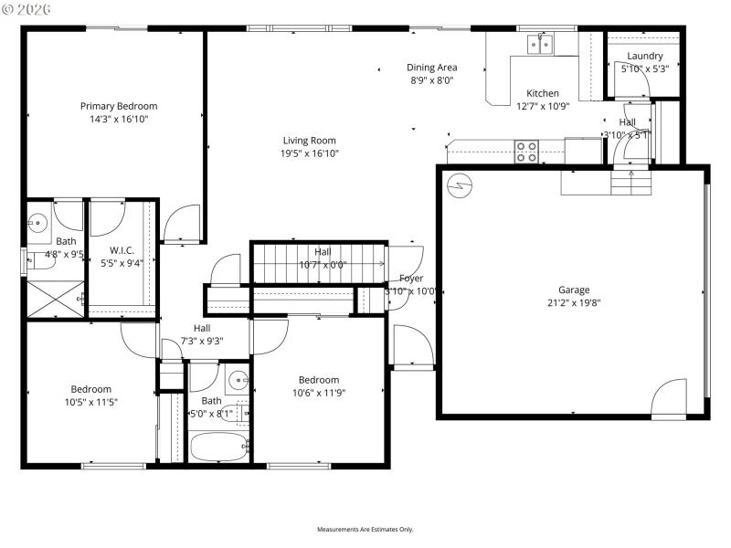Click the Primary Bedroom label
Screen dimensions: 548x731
click(x=118, y=106)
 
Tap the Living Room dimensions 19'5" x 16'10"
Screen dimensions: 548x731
click(x=309, y=153)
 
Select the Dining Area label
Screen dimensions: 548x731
click(x=432, y=68)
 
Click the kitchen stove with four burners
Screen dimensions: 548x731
click(x=526, y=152)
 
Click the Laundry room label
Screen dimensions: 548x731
click(x=645, y=56)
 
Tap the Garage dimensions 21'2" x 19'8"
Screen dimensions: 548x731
click(x=574, y=302)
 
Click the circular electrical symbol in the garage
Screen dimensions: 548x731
click(x=458, y=184)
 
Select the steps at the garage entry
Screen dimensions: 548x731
click(x=632, y=183)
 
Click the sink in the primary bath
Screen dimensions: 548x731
click(x=38, y=221)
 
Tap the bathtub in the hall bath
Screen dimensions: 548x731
click(x=219, y=448)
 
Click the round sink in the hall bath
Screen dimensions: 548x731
click(x=237, y=380)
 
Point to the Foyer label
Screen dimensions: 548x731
click(x=411, y=279)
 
